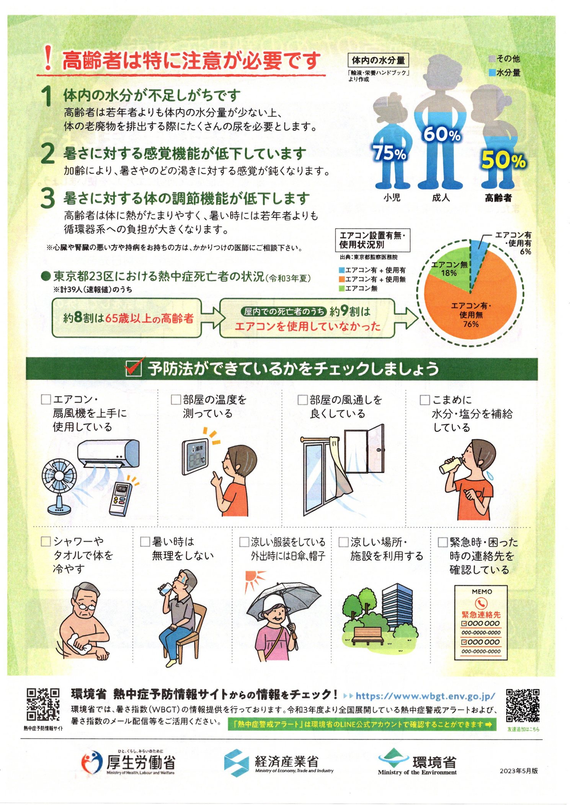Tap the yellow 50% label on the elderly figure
click(503, 160)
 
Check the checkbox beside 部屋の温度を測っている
click(176, 399)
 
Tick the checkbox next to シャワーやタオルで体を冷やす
click(46, 541)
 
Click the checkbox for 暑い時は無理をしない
click(145, 541)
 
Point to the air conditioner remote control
click(120, 499)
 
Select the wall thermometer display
click(196, 457)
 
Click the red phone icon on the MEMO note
click(481, 603)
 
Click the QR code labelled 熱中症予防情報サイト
click(43, 704)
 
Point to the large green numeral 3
click(48, 199)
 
